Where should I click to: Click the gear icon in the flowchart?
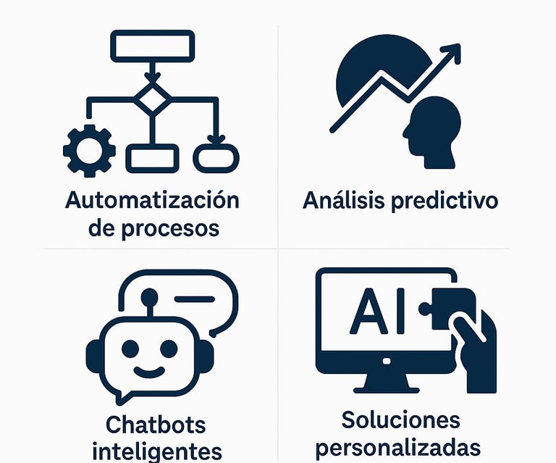88,151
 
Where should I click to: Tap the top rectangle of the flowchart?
152,45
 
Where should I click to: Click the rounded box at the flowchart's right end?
216,157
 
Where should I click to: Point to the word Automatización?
152,200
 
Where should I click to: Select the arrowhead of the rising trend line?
452,53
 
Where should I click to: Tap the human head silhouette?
431,130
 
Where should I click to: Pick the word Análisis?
343,200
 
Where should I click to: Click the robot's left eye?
130,349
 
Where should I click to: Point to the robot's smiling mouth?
149,373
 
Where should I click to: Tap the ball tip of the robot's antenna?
149,296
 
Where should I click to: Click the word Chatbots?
156,425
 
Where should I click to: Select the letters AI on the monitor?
373,313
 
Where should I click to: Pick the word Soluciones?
400,420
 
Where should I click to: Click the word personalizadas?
398,447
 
